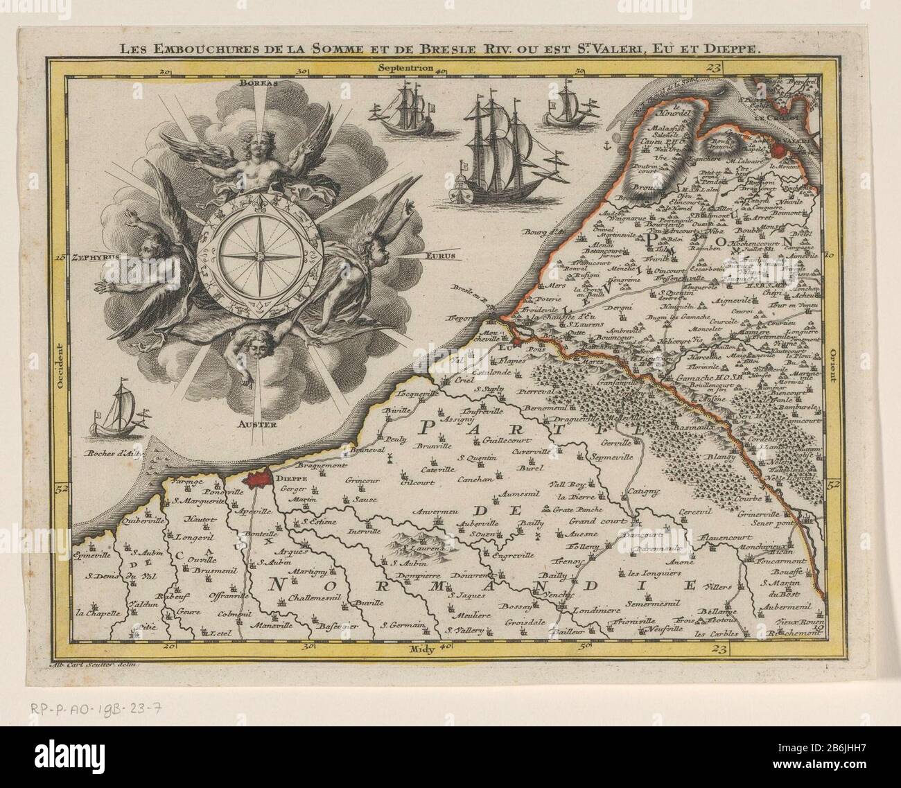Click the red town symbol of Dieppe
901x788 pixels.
pos(252,479)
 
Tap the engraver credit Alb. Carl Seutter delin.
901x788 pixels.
pos(96,664)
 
